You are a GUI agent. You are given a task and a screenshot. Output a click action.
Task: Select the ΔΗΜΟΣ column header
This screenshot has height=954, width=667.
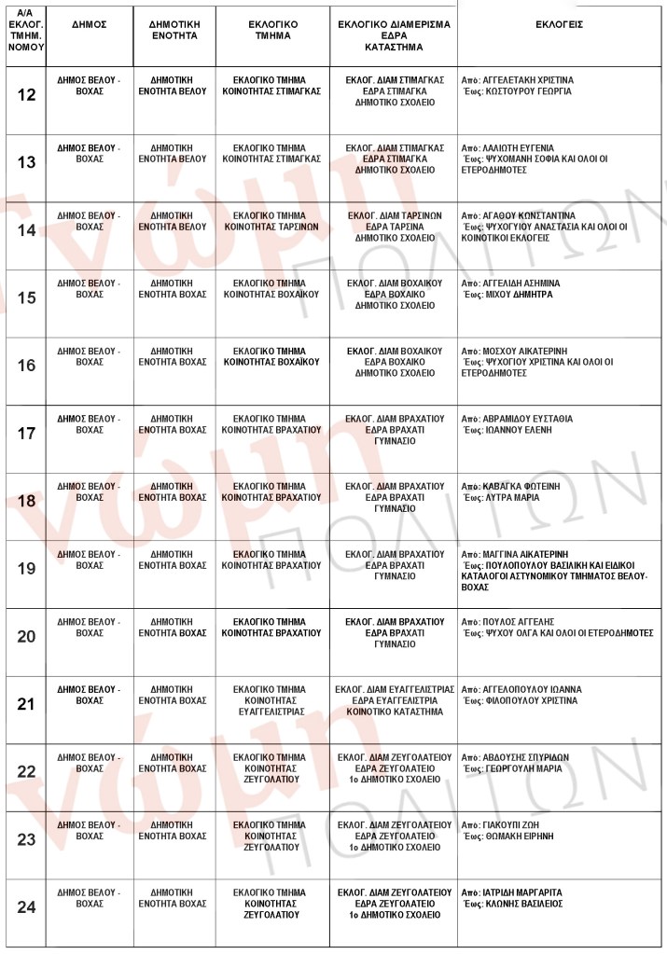(x=89, y=24)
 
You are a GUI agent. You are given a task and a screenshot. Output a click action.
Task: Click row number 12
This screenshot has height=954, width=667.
(x=27, y=94)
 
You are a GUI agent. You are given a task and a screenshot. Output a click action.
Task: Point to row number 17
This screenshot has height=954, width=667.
(x=27, y=434)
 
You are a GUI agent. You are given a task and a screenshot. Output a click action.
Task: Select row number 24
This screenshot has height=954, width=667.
(x=27, y=907)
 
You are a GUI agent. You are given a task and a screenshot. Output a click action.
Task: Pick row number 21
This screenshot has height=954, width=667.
(x=27, y=704)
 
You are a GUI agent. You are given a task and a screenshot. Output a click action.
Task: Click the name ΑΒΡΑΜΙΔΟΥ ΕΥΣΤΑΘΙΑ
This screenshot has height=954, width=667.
(x=528, y=419)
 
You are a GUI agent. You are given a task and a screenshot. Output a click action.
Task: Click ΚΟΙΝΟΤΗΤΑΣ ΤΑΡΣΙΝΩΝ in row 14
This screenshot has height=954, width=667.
(x=271, y=227)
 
